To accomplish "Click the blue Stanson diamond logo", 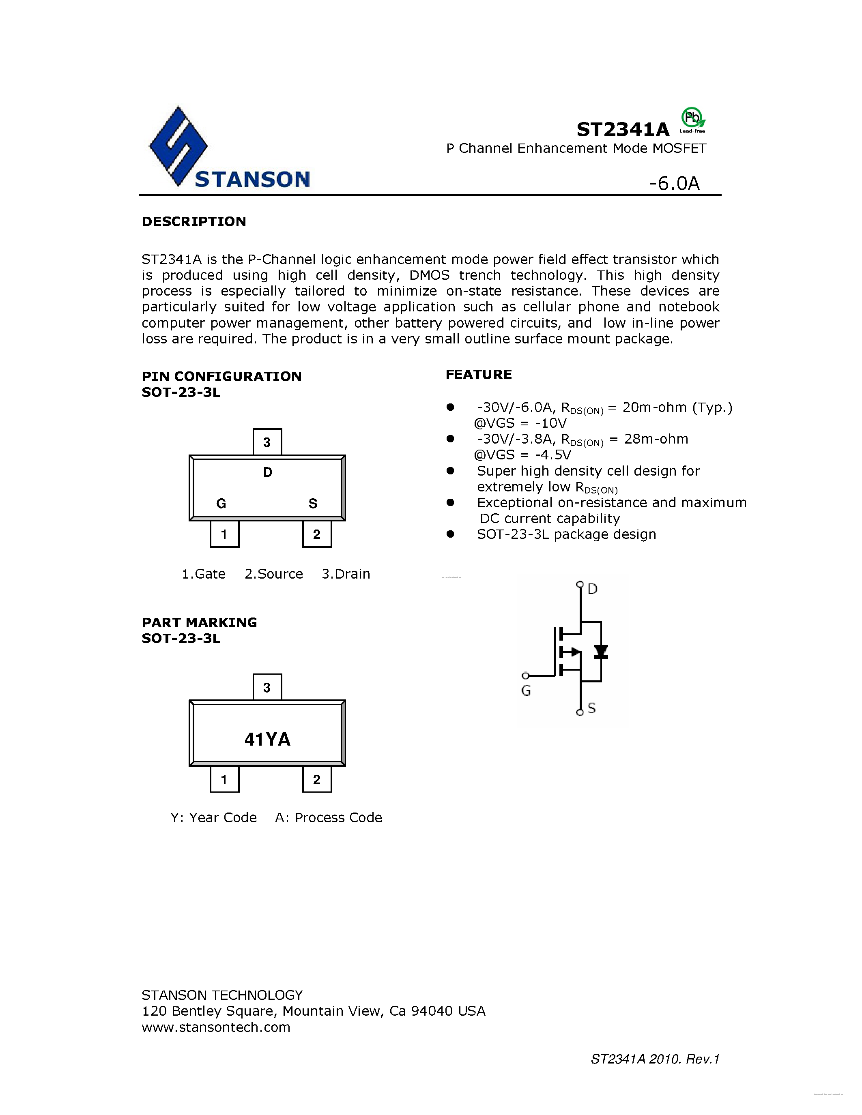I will [x=178, y=146].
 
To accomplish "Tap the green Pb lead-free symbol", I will [x=692, y=119].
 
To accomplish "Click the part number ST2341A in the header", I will [x=623, y=130].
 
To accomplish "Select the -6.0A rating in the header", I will [x=674, y=183].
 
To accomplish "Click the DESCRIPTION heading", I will [x=194, y=221].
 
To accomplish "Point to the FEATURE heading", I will [x=479, y=375].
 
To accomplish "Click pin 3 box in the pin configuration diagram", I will [x=267, y=442].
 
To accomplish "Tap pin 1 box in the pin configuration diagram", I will [x=224, y=534].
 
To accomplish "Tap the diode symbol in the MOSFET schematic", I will [x=600, y=652].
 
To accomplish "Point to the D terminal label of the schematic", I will [x=592, y=589].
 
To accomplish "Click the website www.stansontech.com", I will [x=216, y=1027].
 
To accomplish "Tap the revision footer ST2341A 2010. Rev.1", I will [x=655, y=1059].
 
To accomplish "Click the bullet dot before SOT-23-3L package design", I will [x=450, y=534].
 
